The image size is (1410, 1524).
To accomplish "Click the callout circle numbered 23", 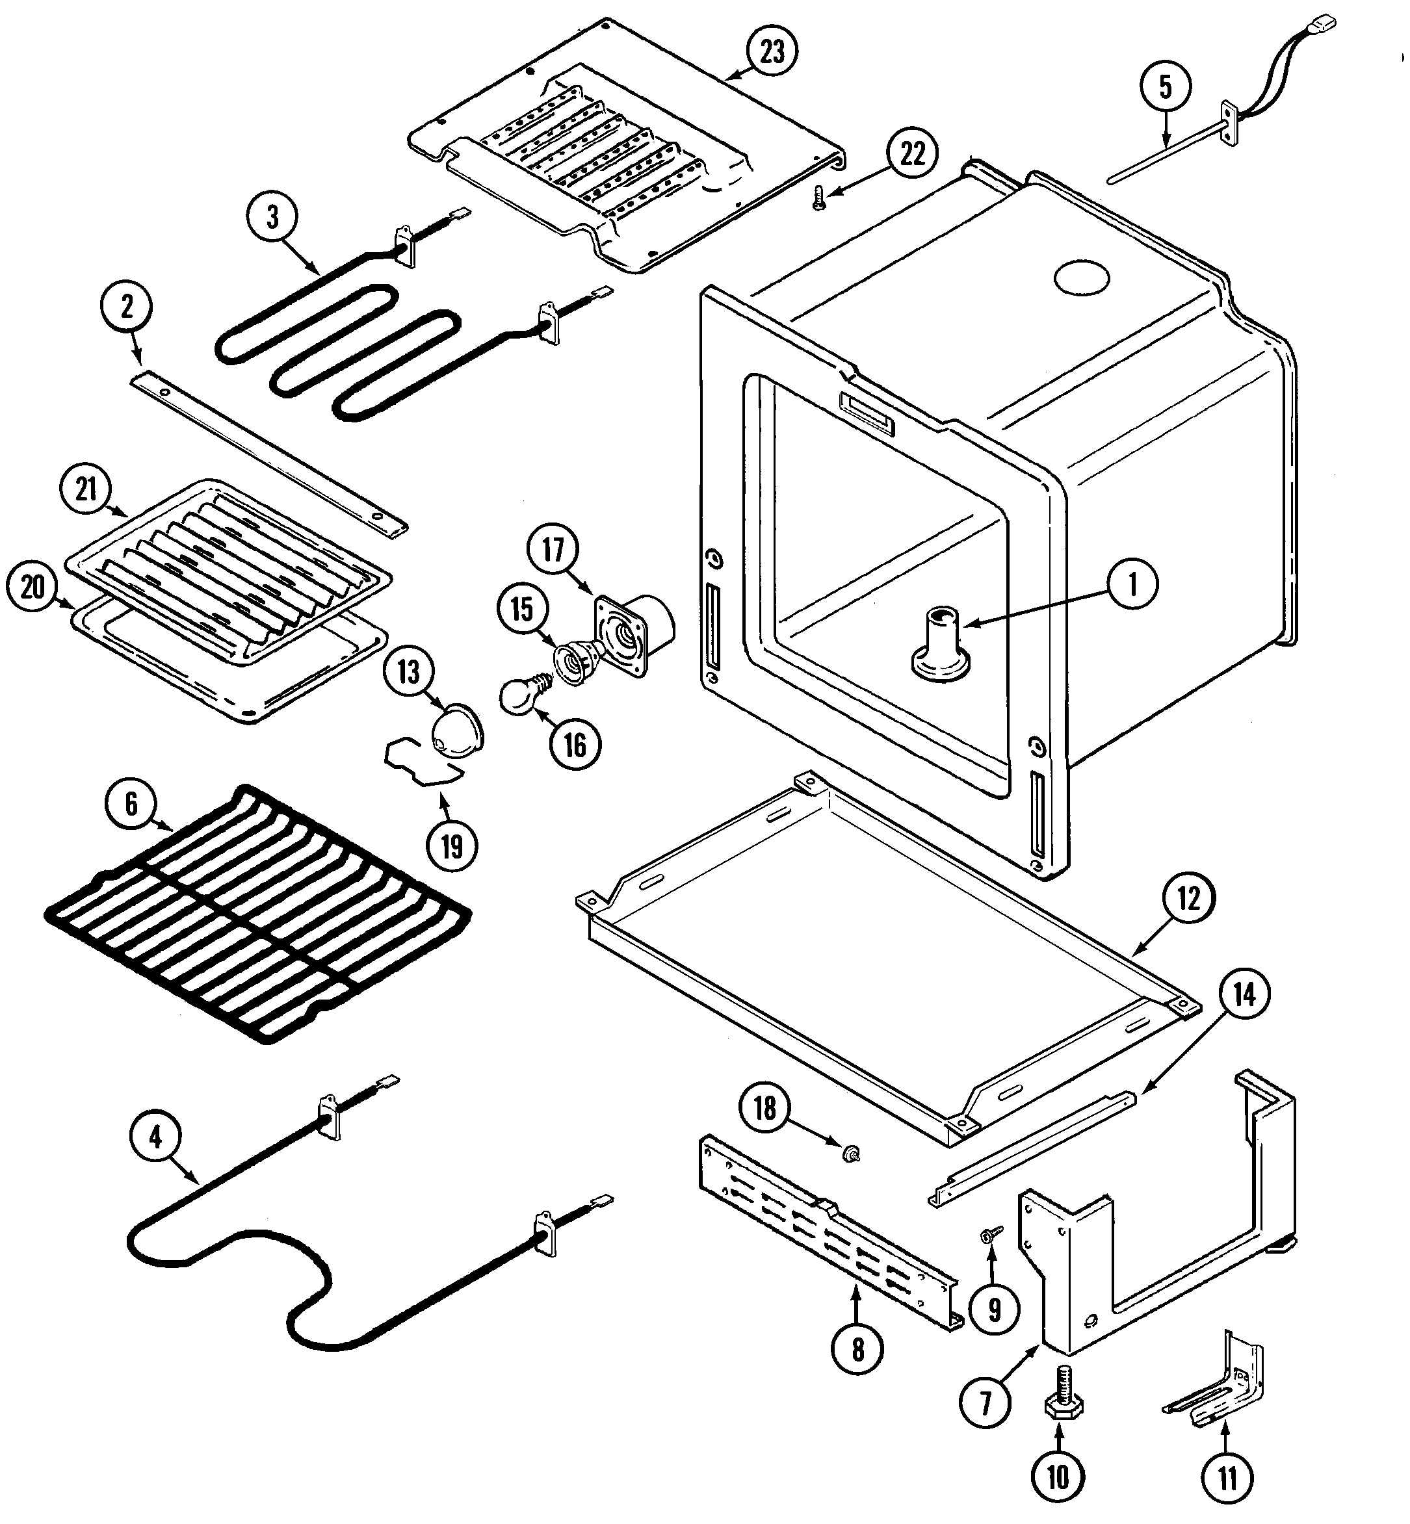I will click(x=772, y=52).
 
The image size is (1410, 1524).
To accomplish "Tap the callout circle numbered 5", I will click(x=1166, y=88).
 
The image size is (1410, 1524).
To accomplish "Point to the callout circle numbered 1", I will click(x=1132, y=585).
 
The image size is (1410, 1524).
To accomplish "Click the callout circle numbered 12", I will click(x=1189, y=899).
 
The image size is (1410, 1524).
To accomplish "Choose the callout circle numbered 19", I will click(x=452, y=846).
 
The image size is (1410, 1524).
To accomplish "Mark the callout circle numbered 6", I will click(x=131, y=804).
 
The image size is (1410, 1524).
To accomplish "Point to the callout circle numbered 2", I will click(x=126, y=307).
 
